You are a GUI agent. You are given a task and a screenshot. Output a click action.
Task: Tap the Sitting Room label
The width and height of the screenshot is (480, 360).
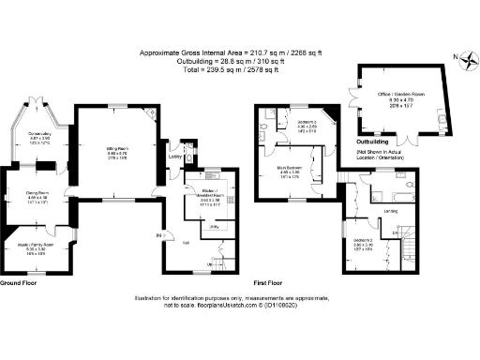click(116, 148)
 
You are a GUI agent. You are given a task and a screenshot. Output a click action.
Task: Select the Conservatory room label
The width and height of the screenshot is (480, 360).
click(38, 134)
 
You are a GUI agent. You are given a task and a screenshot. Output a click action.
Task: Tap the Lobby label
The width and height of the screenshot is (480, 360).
click(174, 157)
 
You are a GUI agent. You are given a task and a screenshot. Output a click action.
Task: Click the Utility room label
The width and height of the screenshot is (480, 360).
click(215, 227)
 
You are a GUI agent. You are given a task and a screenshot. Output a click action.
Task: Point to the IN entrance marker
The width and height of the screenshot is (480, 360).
click(158, 234)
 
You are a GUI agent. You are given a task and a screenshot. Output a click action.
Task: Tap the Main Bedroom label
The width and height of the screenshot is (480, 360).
click(290, 170)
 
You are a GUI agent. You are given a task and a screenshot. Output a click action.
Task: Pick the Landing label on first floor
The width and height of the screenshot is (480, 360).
click(390, 210)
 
